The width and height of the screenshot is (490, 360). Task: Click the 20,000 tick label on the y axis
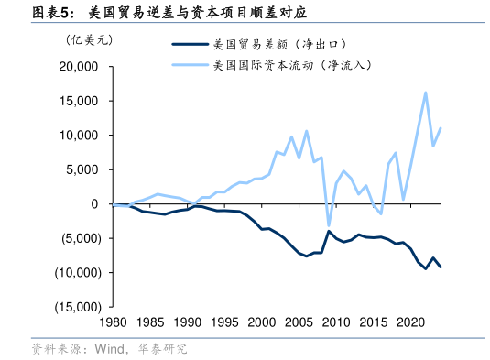81,67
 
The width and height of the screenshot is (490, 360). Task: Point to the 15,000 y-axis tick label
81,101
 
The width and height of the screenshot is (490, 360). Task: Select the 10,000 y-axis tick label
81,136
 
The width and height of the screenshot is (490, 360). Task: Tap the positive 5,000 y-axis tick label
84,169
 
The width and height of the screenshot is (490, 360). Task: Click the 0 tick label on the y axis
95,204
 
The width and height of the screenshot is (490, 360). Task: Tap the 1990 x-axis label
187,322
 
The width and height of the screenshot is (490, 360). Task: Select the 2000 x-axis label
262,322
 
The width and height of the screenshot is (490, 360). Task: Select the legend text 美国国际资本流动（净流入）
290,65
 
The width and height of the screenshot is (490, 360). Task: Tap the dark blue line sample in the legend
189,43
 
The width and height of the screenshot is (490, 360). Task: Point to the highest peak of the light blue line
425,92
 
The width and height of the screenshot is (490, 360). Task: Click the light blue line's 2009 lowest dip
329,225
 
